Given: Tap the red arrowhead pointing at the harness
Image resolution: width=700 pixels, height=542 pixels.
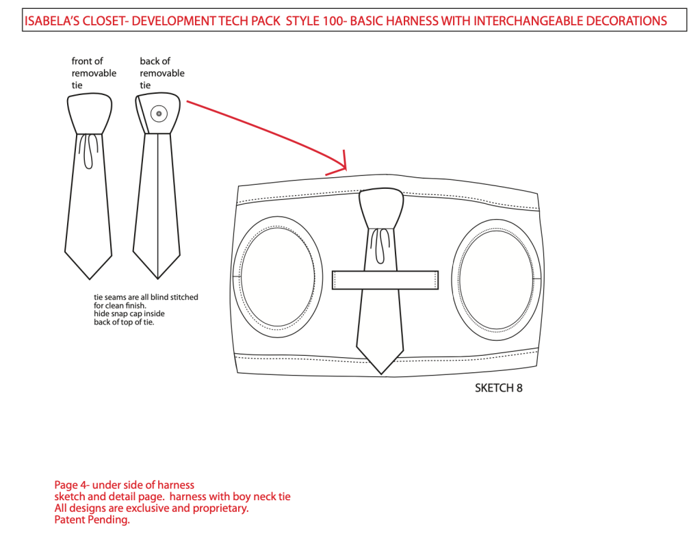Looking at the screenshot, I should click(343, 165).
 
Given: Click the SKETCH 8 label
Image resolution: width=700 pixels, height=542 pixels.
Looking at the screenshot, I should click(498, 388).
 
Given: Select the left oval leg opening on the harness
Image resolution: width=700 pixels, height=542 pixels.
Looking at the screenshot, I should click(277, 275).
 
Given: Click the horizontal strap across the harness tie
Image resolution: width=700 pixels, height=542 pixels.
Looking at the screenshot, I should click(385, 280).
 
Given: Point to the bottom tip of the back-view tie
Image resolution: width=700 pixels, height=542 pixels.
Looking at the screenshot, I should click(158, 277).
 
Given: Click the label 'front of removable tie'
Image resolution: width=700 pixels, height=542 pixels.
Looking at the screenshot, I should click(94, 73).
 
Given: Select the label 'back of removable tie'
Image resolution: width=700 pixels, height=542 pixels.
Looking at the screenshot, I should click(162, 73).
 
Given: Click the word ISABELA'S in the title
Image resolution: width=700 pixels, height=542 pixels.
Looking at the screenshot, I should click(51, 21).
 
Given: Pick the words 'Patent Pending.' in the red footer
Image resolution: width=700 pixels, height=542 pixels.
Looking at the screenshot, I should click(92, 519).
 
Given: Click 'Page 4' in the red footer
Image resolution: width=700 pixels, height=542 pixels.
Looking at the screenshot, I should click(70, 485).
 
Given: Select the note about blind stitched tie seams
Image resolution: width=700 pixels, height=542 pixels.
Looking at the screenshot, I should click(146, 309).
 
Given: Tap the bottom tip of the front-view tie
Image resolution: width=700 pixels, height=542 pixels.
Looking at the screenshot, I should click(90, 277).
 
